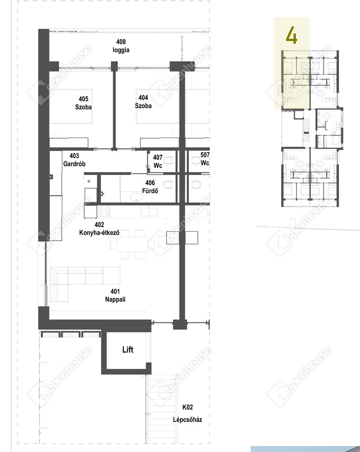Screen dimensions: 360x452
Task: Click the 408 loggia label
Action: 121,46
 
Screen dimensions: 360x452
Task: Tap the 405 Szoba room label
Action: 84,103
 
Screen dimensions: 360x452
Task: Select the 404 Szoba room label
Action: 143,102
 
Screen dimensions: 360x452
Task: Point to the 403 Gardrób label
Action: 75,160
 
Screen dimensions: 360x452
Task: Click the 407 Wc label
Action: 158,162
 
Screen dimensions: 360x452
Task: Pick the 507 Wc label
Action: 205,159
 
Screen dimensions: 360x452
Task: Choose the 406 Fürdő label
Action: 150,187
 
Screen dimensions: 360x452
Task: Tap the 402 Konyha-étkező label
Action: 100,229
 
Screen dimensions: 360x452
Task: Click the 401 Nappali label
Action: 115,295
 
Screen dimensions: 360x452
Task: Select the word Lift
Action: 128,349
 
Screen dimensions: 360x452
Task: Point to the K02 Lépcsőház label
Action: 188,413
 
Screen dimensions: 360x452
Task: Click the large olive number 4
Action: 291,35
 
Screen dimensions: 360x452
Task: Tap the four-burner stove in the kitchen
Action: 103,211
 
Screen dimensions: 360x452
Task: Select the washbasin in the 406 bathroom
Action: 136,197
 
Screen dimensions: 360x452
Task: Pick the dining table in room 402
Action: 132,244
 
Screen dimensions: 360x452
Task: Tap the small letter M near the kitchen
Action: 89,182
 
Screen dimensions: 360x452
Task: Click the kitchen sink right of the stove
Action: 149,211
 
